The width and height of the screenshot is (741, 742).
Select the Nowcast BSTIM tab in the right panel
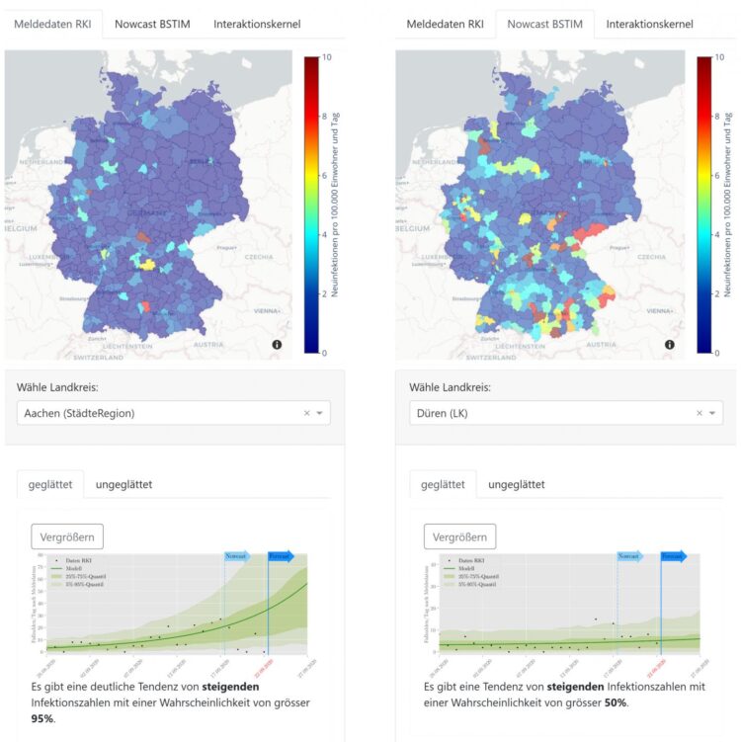[544, 24]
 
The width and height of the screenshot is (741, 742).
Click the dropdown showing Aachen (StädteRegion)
[158, 413]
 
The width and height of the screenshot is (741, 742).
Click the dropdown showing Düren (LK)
[548, 413]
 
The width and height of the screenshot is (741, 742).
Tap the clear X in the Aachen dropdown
[306, 413]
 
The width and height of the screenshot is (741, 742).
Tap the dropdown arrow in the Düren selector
[711, 413]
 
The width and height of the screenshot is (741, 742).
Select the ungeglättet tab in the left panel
[123, 484]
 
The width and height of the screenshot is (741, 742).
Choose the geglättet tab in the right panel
[443, 484]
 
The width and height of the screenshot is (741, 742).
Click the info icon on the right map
[670, 345]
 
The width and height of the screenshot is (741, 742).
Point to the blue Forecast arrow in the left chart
[281, 556]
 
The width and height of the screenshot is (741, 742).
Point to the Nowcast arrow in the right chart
[629, 556]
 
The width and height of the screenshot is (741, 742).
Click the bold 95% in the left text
[41, 719]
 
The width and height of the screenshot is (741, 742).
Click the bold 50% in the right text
[616, 702]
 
